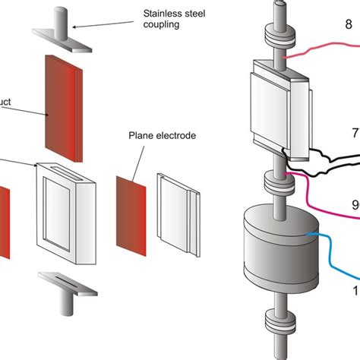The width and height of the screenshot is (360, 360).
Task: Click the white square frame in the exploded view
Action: tap(65, 204)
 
